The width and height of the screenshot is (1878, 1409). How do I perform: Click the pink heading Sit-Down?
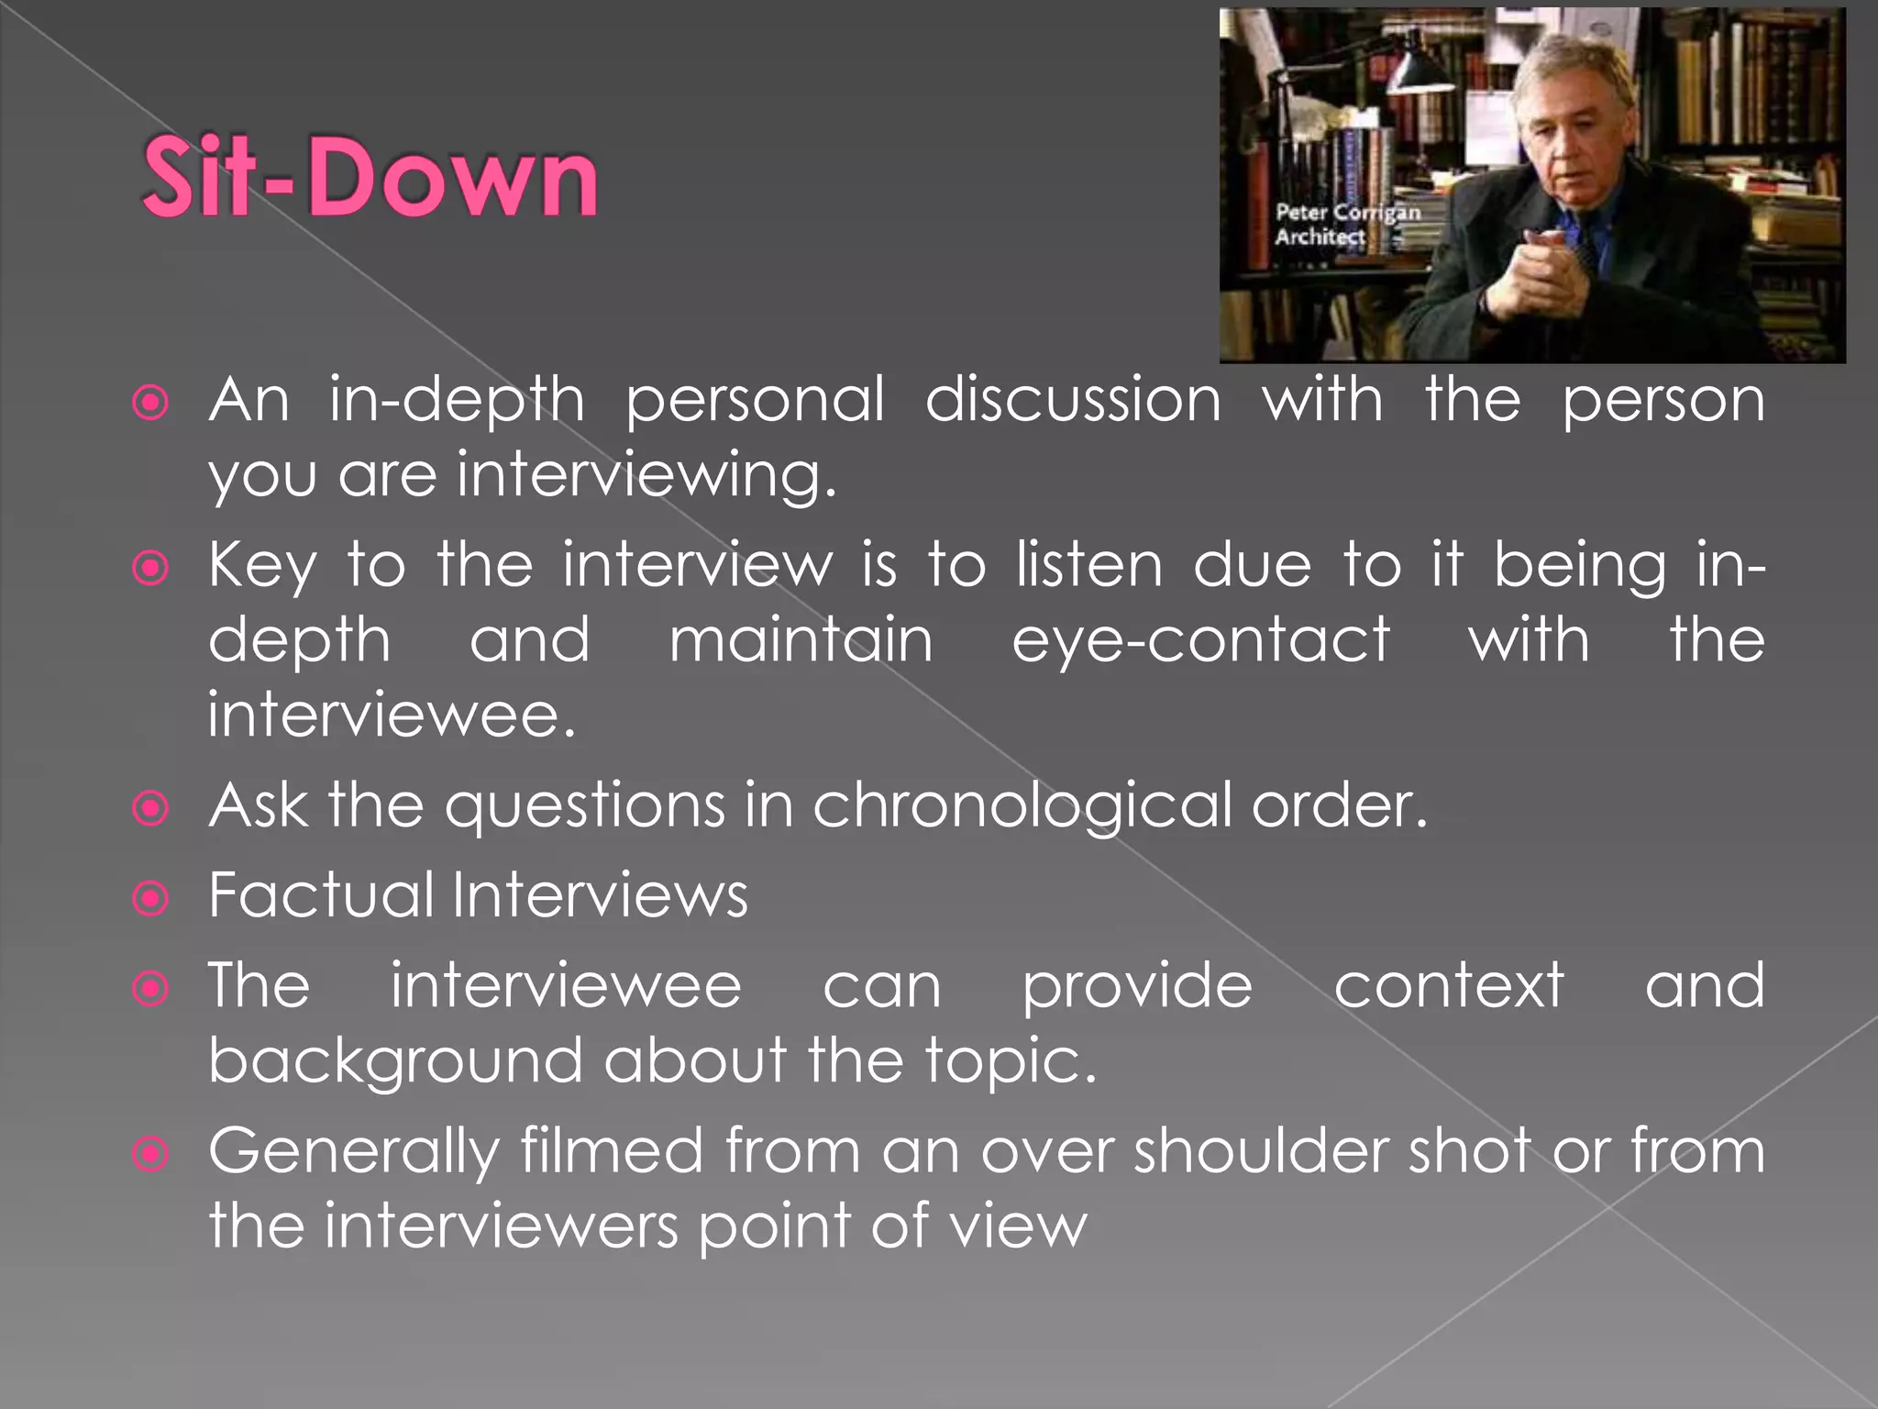(x=370, y=176)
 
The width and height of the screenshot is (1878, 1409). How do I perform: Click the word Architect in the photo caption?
(x=1320, y=237)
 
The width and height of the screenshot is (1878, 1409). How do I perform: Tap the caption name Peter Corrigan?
(x=1347, y=213)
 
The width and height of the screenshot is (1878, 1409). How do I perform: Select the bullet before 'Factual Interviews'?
(x=150, y=898)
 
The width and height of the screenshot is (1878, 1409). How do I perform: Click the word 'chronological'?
(x=1022, y=806)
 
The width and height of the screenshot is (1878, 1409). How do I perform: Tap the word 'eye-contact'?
(x=1200, y=640)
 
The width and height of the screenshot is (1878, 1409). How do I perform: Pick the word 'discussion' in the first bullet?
(x=1073, y=400)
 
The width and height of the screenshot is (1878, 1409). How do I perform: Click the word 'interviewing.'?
(x=646, y=475)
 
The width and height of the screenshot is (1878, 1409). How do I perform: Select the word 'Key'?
(x=262, y=566)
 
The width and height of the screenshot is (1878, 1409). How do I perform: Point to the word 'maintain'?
(x=801, y=640)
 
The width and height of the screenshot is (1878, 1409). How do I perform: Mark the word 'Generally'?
(x=353, y=1153)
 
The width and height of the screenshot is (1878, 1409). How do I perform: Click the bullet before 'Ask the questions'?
(x=150, y=808)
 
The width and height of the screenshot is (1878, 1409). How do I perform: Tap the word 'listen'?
(x=1089, y=565)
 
